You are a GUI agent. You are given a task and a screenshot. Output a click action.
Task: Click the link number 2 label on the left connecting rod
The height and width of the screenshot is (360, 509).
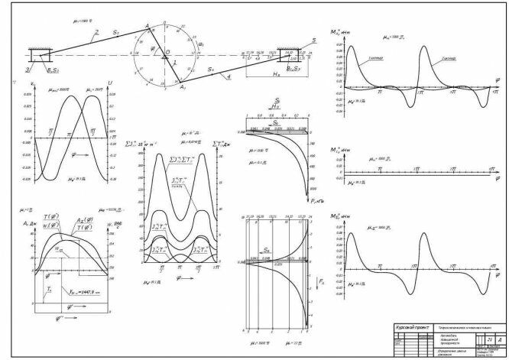96,33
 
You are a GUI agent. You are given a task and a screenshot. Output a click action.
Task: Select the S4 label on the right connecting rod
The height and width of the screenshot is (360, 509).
211,70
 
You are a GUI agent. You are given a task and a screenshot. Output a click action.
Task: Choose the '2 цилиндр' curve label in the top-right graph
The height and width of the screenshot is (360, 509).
449,57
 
